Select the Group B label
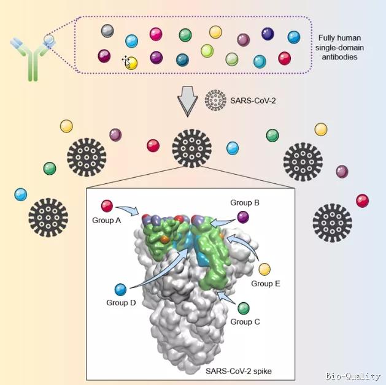pyautogui.click(x=245, y=202)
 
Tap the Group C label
pyautogui.click(x=244, y=321)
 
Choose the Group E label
pyautogui.click(x=265, y=283)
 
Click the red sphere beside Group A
pyautogui.click(x=107, y=205)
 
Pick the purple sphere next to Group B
pyautogui.click(x=244, y=216)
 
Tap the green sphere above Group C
pyautogui.click(x=244, y=308)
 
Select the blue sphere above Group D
pyautogui.click(x=120, y=289)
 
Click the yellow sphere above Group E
pyautogui.click(x=265, y=269)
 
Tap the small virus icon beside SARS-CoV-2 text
pyautogui.click(x=215, y=99)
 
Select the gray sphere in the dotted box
pyautogui.click(x=107, y=30)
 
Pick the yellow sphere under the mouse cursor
pyautogui.click(x=131, y=61)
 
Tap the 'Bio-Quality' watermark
pyautogui.click(x=355, y=375)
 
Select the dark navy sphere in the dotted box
pyautogui.click(x=268, y=34)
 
